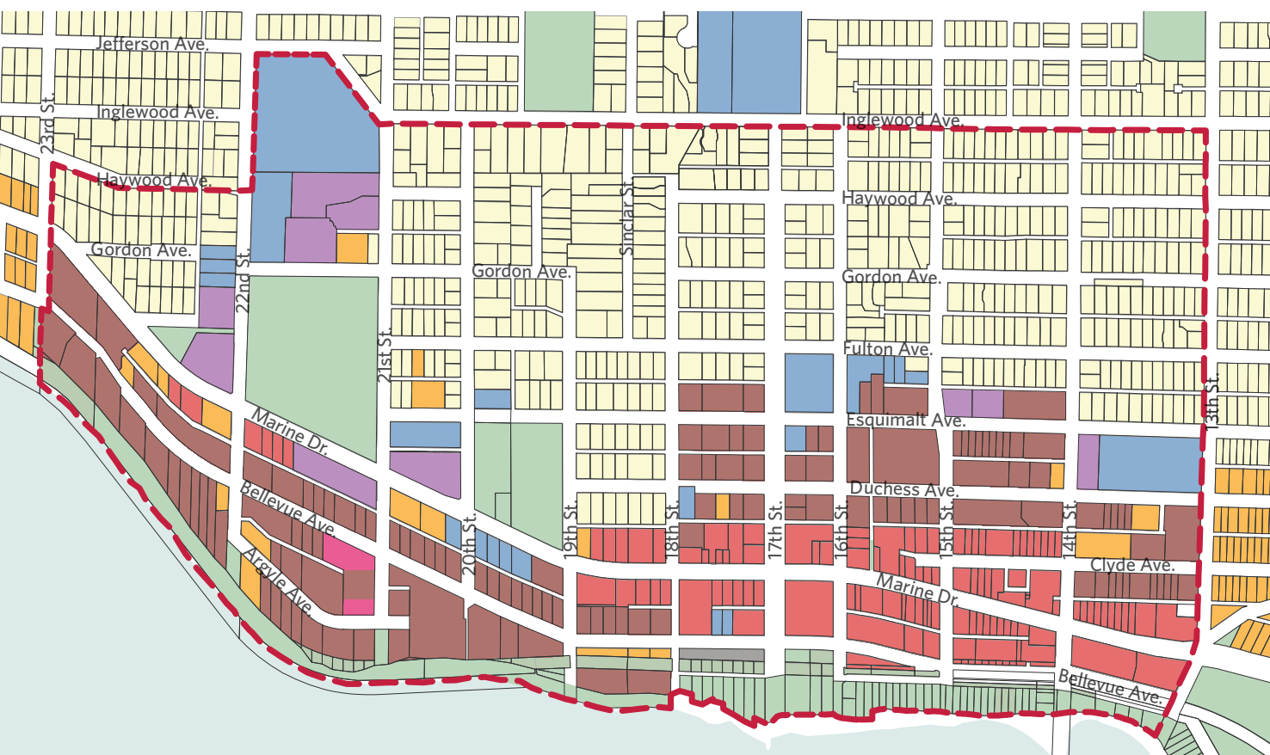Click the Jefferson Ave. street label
click(151, 44)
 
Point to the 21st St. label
click(385, 353)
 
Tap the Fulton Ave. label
click(887, 349)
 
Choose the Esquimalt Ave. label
click(905, 420)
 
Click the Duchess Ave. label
click(903, 489)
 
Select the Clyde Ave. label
click(1131, 565)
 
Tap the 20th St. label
click(469, 544)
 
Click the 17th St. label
click(775, 531)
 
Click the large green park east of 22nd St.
click(311, 361)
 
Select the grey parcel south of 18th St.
click(721, 655)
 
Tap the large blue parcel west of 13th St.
click(1149, 463)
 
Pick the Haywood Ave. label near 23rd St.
click(153, 180)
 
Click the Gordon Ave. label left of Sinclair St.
click(521, 272)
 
